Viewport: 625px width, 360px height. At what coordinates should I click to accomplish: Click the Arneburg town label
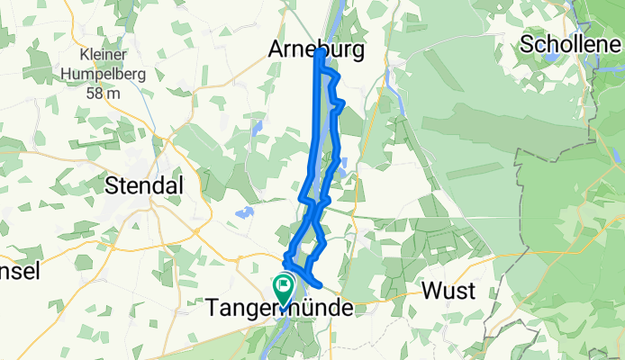click(316, 51)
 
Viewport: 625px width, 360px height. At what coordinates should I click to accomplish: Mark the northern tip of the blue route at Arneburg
click(319, 54)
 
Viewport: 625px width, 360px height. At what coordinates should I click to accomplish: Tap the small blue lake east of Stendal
click(242, 213)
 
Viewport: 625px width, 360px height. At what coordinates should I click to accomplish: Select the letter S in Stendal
click(112, 185)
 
